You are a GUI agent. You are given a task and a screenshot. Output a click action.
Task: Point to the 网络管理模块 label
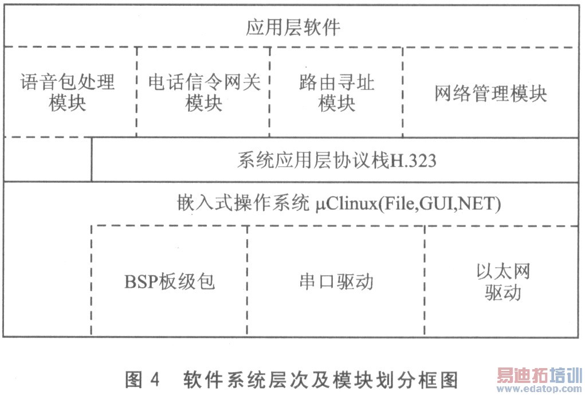(490, 93)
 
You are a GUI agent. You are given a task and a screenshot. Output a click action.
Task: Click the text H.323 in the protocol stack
(413, 161)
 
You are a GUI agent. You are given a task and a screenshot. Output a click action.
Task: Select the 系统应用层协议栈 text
(313, 161)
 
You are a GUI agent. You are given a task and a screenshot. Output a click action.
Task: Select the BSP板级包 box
(169, 281)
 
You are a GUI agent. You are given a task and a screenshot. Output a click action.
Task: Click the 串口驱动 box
(336, 281)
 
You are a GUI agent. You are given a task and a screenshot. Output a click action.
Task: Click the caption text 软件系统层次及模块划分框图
(321, 379)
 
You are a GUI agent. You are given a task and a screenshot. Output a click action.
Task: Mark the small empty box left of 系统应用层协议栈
(48, 159)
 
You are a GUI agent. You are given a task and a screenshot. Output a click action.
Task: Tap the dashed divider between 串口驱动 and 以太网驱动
(425, 281)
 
